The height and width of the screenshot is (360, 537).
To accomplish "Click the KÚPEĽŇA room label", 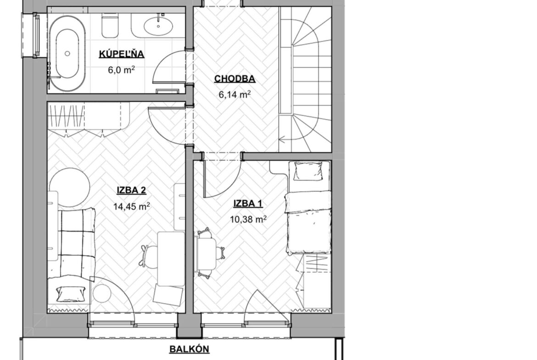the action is (x=122, y=54).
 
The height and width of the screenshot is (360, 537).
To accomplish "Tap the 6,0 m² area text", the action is (x=121, y=70).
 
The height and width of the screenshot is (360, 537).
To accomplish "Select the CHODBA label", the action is (x=235, y=79).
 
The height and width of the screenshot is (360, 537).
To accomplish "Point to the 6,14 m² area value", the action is (x=235, y=94).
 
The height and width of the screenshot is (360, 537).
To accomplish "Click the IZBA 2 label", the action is (x=132, y=190).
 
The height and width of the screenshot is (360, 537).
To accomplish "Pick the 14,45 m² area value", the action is (x=132, y=206).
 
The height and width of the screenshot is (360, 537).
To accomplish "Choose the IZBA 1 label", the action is (x=248, y=204).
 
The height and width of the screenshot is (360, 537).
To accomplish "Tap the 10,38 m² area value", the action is (x=248, y=219).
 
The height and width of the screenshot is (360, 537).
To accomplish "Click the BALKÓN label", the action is (x=190, y=349).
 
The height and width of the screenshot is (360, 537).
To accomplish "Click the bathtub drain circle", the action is (x=67, y=53).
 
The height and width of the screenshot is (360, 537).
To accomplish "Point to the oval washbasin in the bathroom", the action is (x=158, y=25).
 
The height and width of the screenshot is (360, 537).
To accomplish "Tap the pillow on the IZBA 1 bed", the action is (x=308, y=171).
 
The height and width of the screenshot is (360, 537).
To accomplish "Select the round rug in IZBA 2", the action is (x=70, y=187).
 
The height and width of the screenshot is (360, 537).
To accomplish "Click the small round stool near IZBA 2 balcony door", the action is (x=102, y=293).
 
